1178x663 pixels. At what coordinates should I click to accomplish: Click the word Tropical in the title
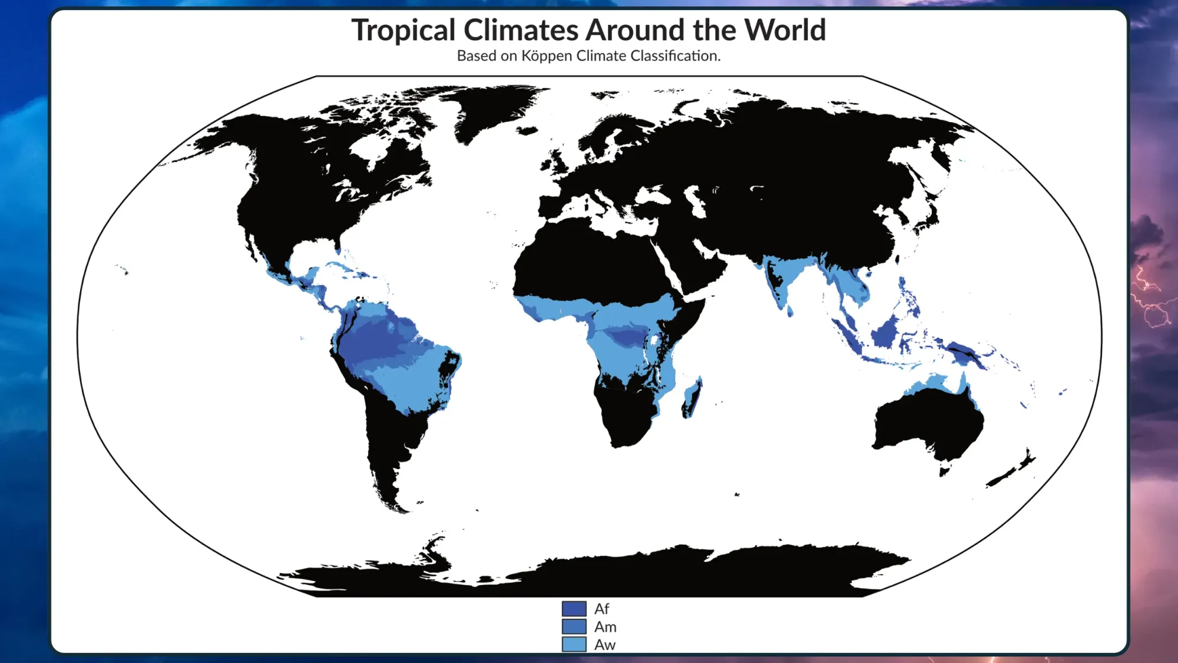[x=403, y=30]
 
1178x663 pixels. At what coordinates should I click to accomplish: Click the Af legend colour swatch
[x=574, y=608]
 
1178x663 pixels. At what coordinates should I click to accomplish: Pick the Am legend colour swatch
[x=574, y=626]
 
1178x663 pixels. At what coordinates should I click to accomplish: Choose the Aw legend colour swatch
[x=574, y=644]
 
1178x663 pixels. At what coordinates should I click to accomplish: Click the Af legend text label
[x=601, y=609]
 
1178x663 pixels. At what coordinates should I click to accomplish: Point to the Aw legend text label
[x=604, y=645]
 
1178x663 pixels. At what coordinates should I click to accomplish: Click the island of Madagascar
[x=692, y=398]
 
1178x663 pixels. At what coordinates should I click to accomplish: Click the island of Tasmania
[x=944, y=470]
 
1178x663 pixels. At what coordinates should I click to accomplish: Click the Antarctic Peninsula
[x=433, y=551]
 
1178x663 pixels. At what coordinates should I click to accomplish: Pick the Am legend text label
[x=605, y=626]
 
